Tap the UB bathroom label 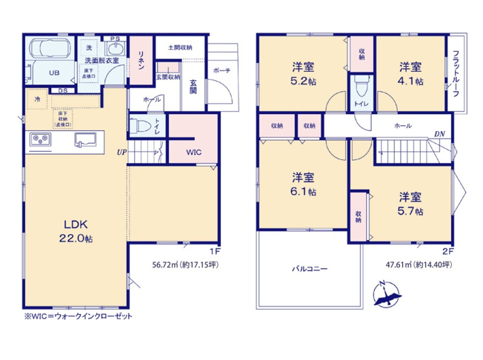(x=54, y=73)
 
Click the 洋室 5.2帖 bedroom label (x=304, y=71)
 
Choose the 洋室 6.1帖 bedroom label (x=302, y=184)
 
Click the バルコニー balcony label (x=309, y=269)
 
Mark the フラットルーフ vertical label (x=456, y=72)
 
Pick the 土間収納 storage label (x=179, y=47)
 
